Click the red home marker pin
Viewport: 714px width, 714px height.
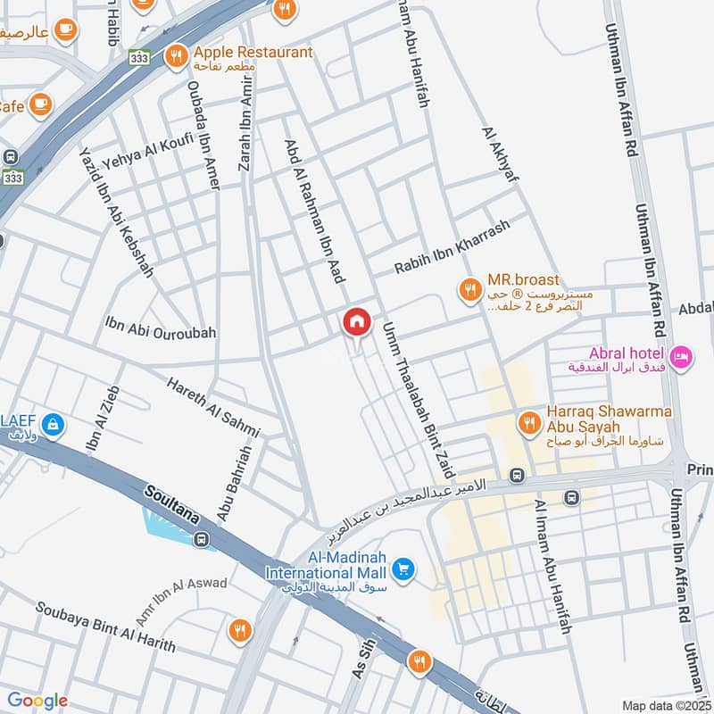click(x=357, y=322)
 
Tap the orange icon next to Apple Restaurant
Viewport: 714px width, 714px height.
click(x=176, y=55)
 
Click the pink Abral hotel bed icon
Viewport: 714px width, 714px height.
click(x=681, y=356)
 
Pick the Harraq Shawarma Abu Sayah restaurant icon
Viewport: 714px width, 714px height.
click(x=530, y=421)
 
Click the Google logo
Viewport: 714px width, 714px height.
click(x=37, y=701)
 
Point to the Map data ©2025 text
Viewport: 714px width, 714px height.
click(x=665, y=705)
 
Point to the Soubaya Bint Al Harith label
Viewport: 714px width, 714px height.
click(x=105, y=627)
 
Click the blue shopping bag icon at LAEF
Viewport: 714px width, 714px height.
click(x=53, y=425)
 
